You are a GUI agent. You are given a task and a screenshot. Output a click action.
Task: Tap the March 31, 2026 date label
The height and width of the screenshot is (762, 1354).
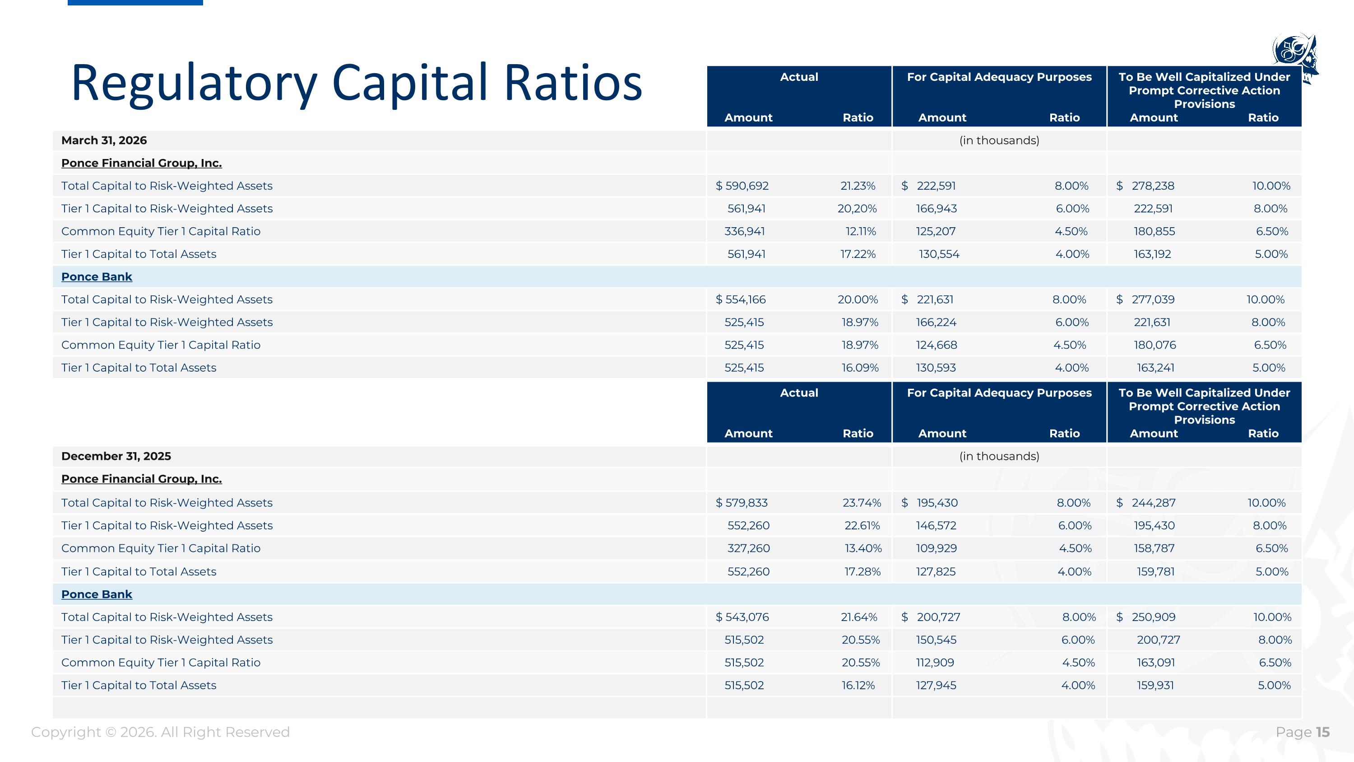click(x=104, y=140)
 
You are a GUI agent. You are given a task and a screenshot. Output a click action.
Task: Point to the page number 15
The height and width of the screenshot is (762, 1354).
click(x=1322, y=732)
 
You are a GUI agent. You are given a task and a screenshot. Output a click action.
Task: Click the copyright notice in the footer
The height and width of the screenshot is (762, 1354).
click(x=160, y=732)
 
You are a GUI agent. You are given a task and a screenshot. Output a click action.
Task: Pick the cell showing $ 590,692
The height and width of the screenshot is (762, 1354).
click(x=742, y=186)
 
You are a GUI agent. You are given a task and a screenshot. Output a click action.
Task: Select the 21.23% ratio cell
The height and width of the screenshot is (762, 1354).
click(x=858, y=186)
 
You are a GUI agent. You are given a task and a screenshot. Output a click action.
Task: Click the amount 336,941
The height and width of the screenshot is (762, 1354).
click(x=745, y=231)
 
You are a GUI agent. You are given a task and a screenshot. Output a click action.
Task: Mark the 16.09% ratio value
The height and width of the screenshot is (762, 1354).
click(x=860, y=368)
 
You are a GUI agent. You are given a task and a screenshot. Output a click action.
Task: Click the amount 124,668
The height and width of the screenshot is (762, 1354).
click(x=937, y=345)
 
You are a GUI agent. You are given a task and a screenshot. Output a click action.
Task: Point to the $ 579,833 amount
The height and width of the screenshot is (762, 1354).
click(x=742, y=503)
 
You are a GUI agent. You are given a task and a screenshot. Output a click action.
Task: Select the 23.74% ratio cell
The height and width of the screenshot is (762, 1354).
click(x=862, y=503)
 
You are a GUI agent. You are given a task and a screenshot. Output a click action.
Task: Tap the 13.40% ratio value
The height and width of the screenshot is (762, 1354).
click(x=863, y=548)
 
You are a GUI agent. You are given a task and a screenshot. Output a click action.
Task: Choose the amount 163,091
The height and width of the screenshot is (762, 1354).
click(x=1156, y=663)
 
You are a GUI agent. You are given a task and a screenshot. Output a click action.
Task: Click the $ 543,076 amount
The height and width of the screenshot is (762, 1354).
click(x=742, y=617)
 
